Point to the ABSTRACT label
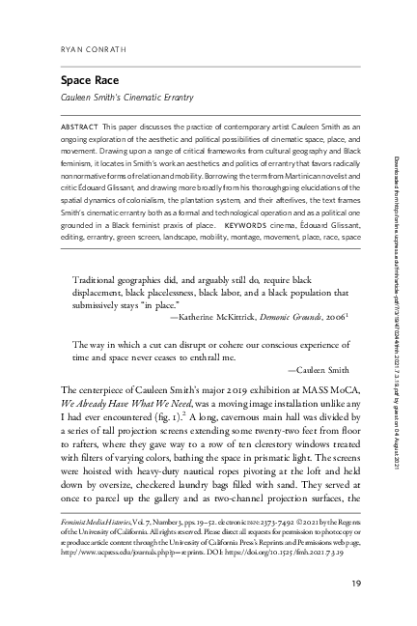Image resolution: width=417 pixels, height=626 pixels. pyautogui.click(x=80, y=127)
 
